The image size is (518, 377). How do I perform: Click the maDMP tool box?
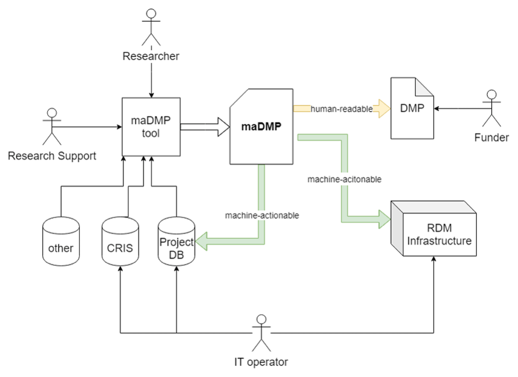pos(151,127)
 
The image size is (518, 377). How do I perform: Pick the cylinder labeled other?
pos(61,242)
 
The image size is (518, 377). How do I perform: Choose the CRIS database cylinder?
pos(120,242)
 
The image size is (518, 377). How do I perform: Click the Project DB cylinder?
pos(176,242)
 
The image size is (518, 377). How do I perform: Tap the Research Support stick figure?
pos(52,126)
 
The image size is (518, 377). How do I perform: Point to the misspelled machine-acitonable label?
pos(344,179)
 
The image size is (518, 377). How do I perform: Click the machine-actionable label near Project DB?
pos(262,215)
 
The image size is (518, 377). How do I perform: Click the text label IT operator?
pos(261,362)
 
